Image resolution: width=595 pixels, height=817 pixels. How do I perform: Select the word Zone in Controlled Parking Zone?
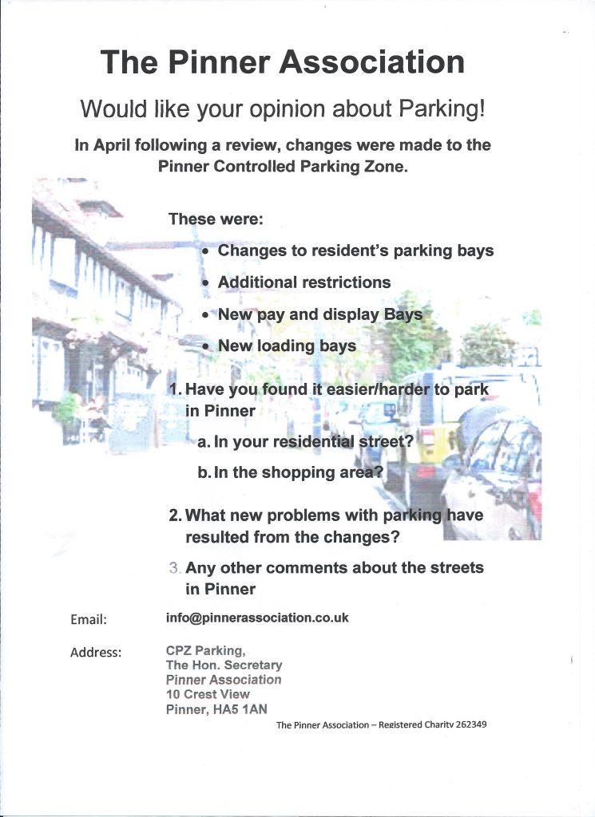pyautogui.click(x=387, y=167)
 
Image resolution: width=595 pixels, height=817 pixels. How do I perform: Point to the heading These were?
pyautogui.click(x=216, y=218)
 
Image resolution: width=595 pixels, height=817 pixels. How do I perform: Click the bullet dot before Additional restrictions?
pyautogui.click(x=207, y=283)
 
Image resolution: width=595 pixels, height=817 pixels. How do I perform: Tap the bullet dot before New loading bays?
pyautogui.click(x=207, y=347)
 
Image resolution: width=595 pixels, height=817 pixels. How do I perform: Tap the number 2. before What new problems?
pyautogui.click(x=176, y=516)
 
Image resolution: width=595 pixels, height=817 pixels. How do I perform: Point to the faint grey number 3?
pyautogui.click(x=176, y=569)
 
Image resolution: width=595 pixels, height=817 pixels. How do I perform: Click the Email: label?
pyautogui.click(x=89, y=619)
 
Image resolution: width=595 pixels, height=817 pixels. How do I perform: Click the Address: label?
pyautogui.click(x=96, y=653)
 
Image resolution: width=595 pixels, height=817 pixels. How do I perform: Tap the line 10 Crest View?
pyautogui.click(x=208, y=694)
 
